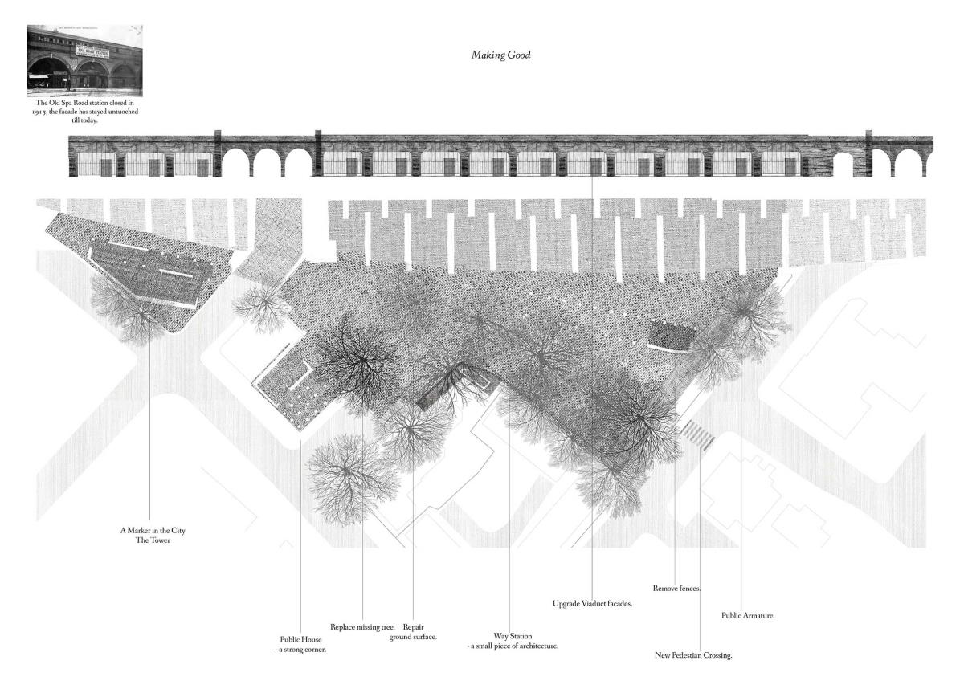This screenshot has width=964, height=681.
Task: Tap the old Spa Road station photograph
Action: [84, 60]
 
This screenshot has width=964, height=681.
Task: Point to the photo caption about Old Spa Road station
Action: [87, 112]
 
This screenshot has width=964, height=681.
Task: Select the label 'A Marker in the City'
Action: [152, 531]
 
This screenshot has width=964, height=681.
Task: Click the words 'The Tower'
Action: [152, 540]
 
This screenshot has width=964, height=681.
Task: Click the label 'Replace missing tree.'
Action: [362, 626]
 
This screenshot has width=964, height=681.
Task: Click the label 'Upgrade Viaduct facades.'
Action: [593, 602]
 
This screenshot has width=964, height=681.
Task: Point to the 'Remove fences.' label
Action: [677, 588]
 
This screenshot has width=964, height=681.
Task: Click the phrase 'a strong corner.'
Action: [299, 649]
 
